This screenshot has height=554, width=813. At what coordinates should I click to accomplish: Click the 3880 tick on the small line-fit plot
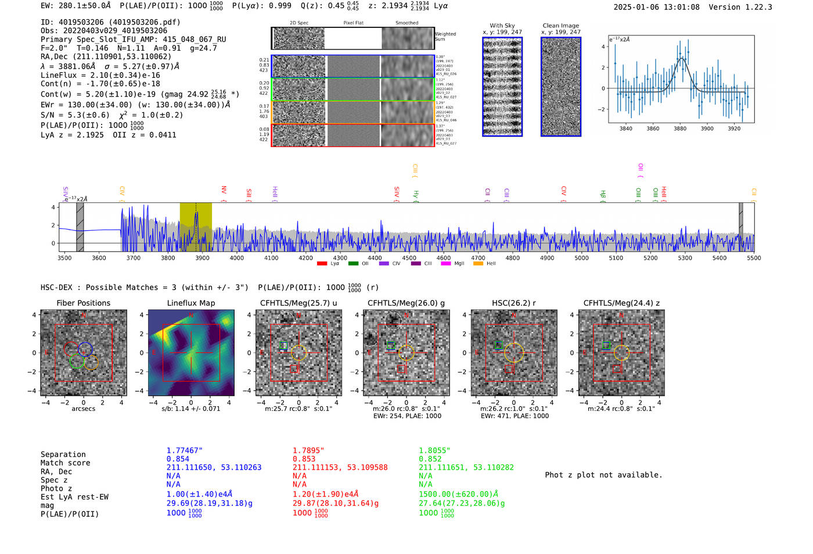coord(680,128)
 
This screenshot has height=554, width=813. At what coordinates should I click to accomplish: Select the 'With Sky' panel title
coord(502,26)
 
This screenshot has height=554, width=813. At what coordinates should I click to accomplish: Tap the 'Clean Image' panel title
coord(560,26)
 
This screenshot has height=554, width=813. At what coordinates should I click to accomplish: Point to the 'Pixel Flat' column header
coord(353,23)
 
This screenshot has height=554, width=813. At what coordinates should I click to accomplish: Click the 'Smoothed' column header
coord(406,23)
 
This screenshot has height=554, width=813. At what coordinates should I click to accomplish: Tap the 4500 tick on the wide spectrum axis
coord(409,258)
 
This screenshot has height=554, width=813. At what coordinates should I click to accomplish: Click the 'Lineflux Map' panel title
coord(190,303)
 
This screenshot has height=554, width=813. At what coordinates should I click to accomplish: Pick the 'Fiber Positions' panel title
coord(83,303)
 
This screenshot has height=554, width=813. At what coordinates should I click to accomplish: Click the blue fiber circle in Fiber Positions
coord(85,349)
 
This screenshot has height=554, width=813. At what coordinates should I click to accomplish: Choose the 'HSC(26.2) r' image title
coord(514,303)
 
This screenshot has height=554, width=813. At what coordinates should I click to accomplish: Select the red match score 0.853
coord(304,459)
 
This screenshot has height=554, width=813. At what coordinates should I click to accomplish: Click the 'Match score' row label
coord(65,463)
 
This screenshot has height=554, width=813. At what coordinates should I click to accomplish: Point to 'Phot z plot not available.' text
coord(603,475)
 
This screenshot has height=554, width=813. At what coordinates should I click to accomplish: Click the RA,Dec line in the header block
coord(106,56)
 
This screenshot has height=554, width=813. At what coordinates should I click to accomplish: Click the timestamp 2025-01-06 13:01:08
coord(656,7)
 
